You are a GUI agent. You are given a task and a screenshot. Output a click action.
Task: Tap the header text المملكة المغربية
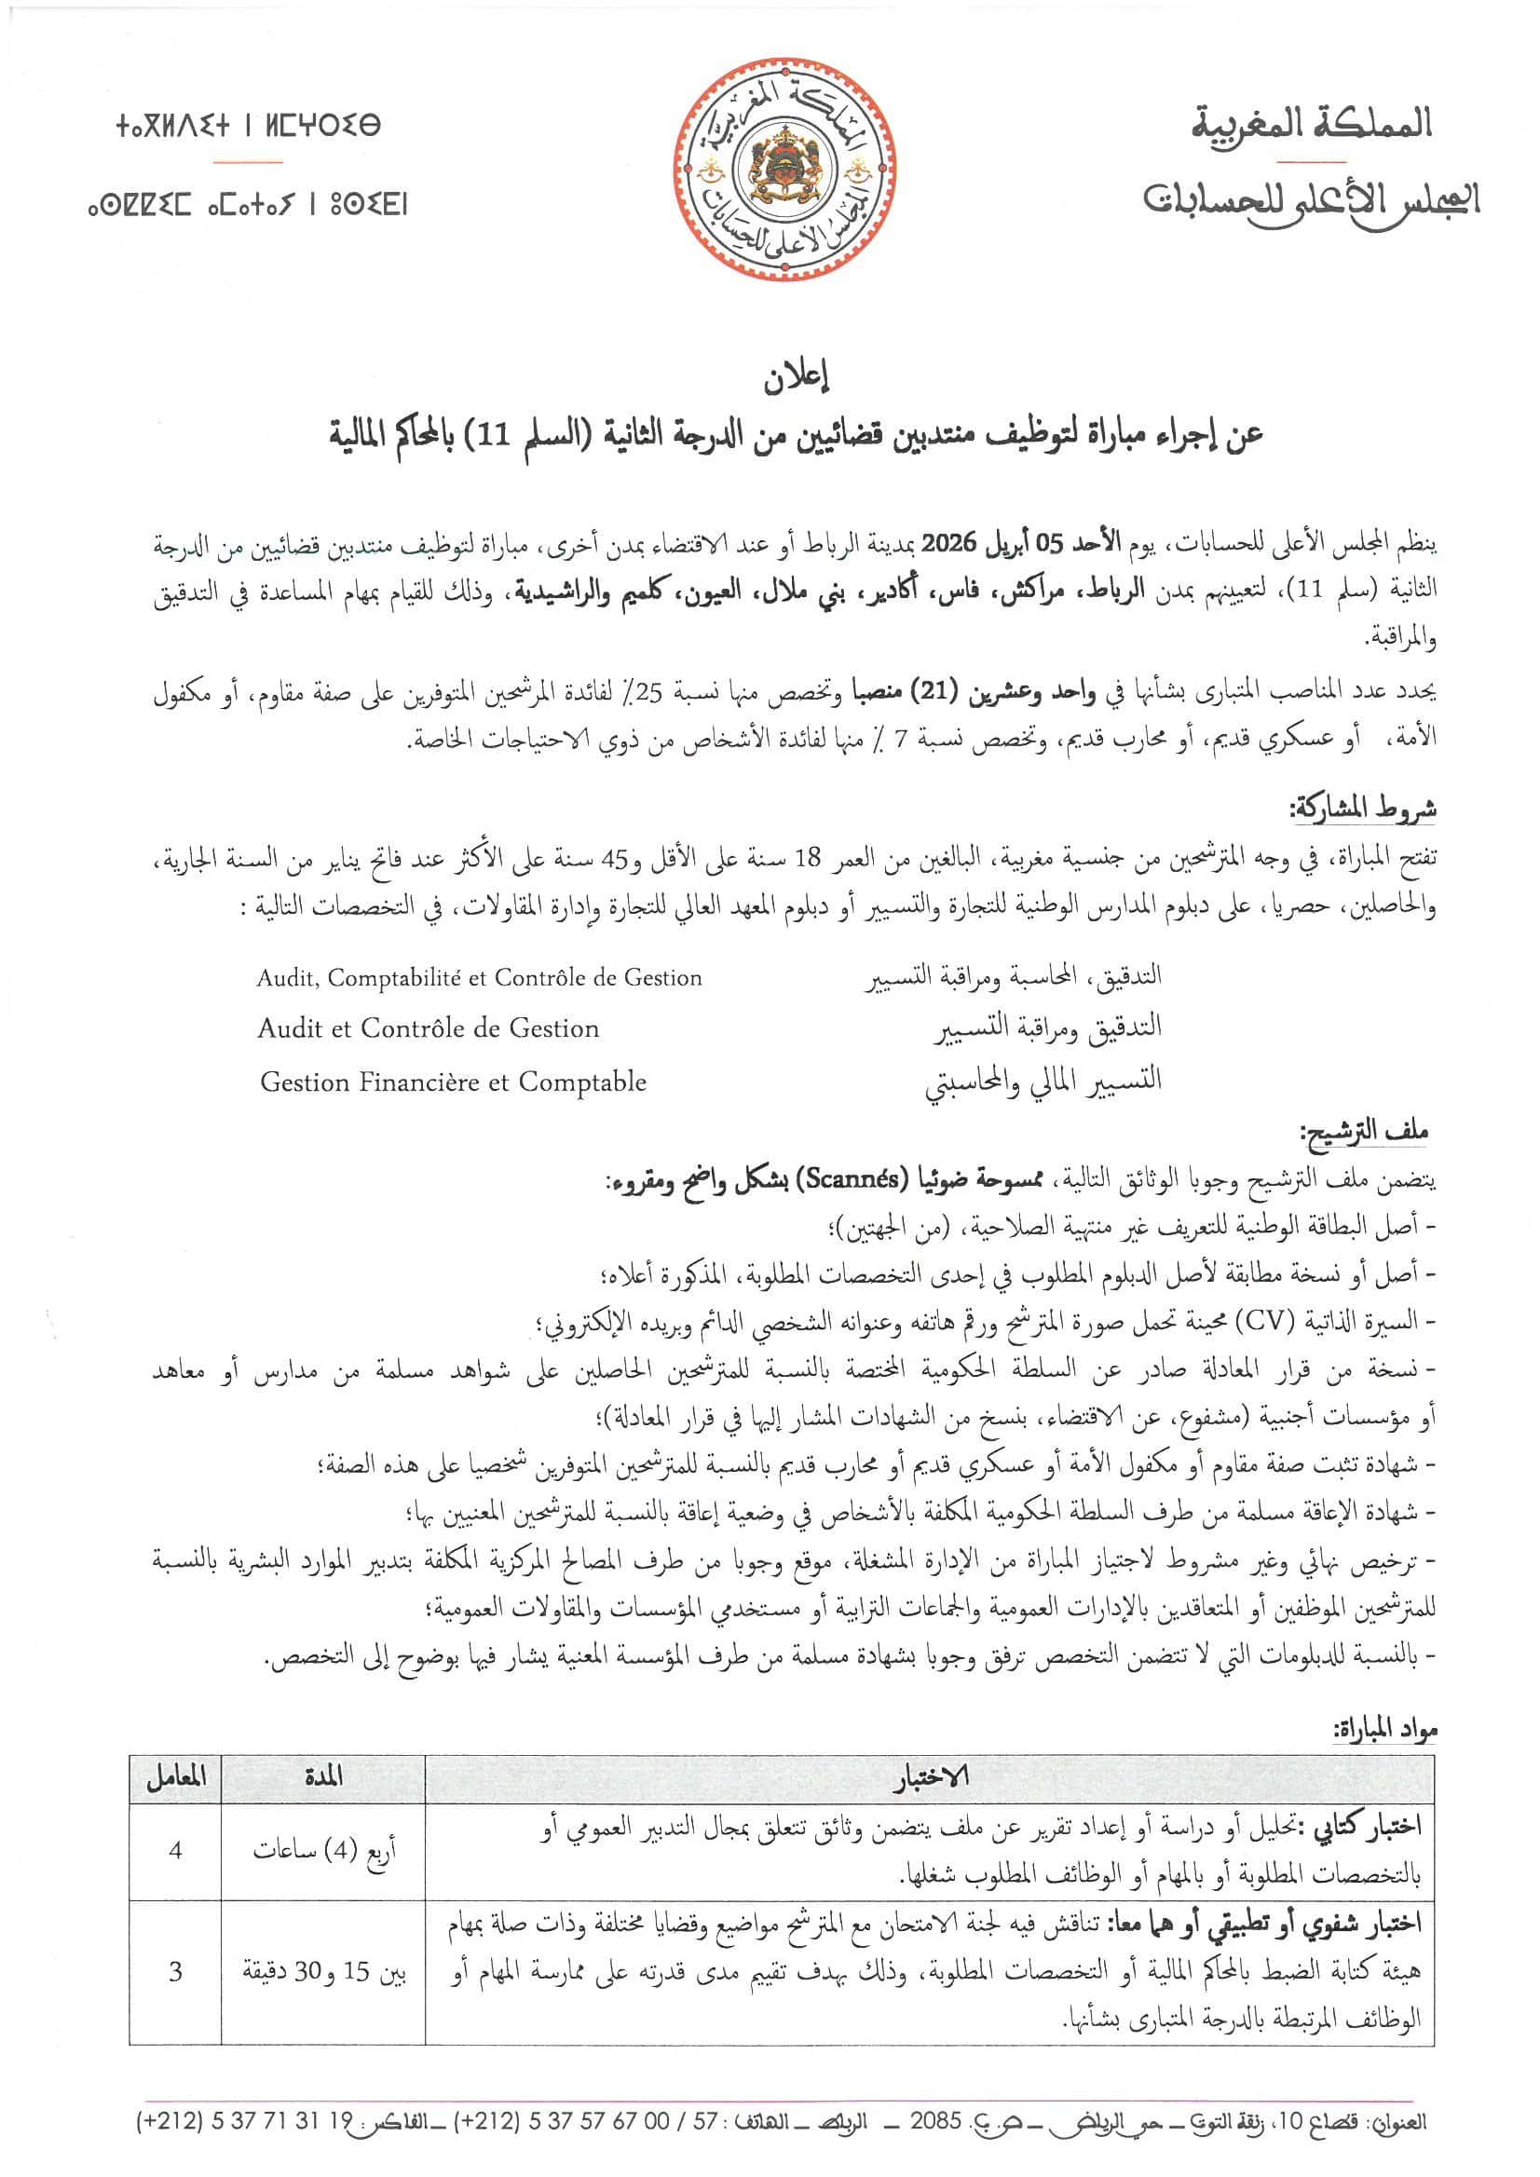click(1312, 123)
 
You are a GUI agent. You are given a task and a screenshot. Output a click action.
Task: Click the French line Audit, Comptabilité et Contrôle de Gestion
click(479, 977)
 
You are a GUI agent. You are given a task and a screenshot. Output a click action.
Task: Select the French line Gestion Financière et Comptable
click(454, 1082)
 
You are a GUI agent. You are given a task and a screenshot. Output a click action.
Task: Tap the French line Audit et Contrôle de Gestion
click(429, 1028)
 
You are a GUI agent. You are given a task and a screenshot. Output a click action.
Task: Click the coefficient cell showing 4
click(175, 1850)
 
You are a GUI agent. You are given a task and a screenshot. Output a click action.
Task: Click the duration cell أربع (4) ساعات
click(322, 1851)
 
